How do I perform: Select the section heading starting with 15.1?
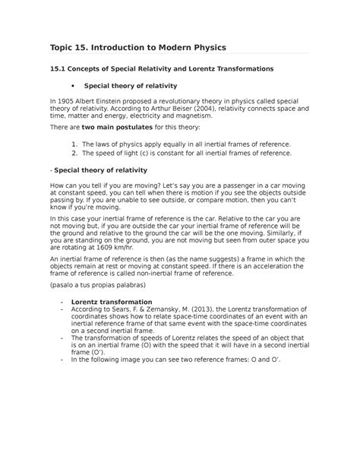(x=160, y=68)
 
